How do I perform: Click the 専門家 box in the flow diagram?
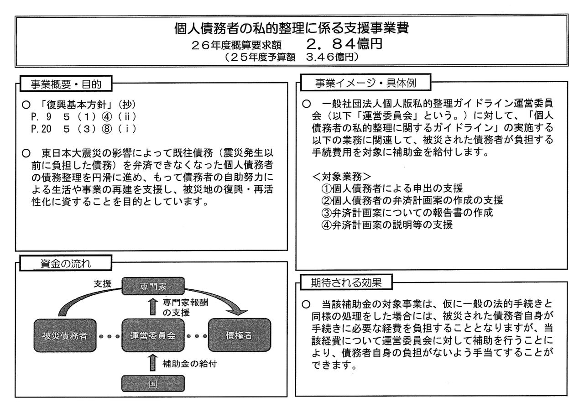(x=153, y=286)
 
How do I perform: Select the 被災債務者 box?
(x=65, y=335)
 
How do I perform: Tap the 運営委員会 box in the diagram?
(x=153, y=335)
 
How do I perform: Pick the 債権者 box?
(x=240, y=335)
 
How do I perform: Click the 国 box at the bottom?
(x=153, y=383)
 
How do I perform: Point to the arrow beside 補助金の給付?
(x=153, y=362)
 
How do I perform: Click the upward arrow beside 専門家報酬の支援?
(x=153, y=307)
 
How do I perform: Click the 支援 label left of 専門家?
(x=103, y=284)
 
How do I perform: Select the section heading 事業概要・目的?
(x=66, y=84)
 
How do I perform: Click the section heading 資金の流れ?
(x=66, y=264)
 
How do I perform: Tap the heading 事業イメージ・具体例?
(x=365, y=83)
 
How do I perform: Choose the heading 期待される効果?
(x=346, y=282)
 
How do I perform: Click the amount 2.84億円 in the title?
(x=344, y=44)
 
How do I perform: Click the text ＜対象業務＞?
(x=341, y=177)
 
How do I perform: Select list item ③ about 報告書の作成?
(x=407, y=213)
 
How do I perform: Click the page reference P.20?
(x=41, y=129)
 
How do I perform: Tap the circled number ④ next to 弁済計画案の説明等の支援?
(x=326, y=225)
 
